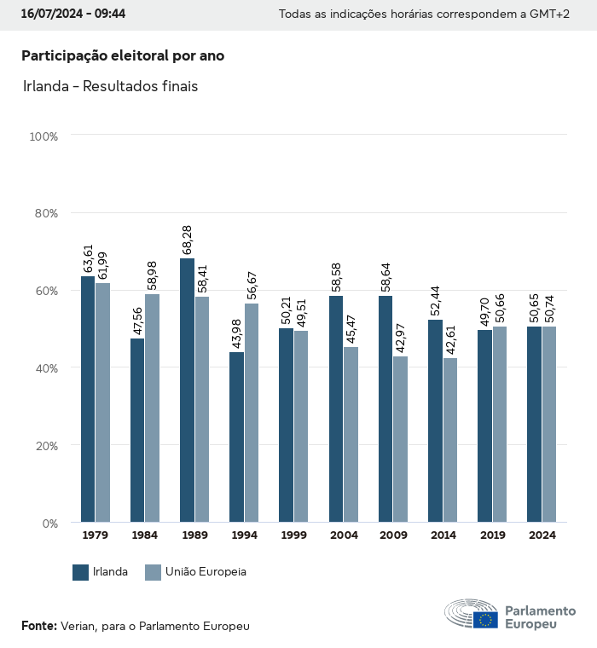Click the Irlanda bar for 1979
point(88,399)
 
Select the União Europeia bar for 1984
point(152,408)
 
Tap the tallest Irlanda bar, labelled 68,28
point(187,390)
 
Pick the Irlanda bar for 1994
point(236,437)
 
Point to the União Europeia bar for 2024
point(549,424)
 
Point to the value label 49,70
point(484,304)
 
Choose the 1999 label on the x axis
point(293,535)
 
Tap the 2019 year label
point(492,535)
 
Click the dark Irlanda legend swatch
point(81,572)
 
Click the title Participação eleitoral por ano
point(123,55)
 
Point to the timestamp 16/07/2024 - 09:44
point(73,14)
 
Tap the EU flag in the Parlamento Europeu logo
point(486,620)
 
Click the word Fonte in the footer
point(38,626)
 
